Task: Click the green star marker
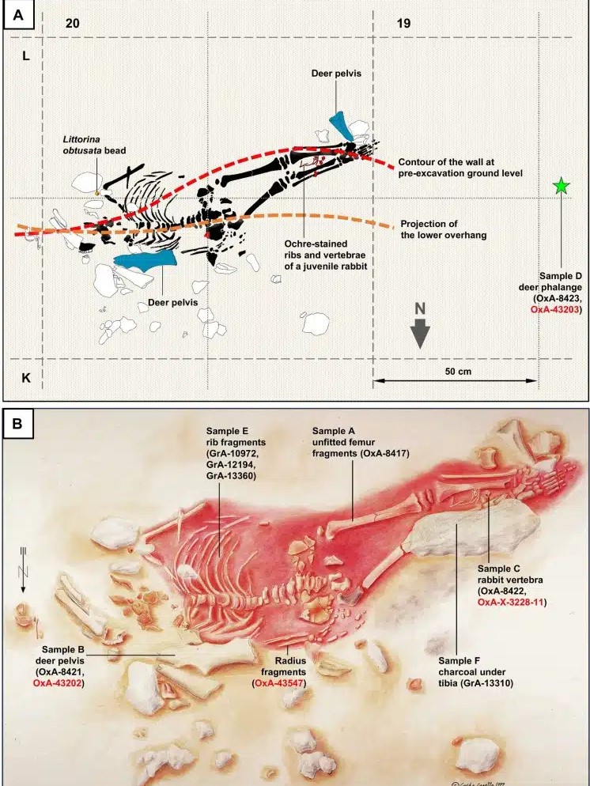561,187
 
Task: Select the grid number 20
72,23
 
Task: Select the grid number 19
403,23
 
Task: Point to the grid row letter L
25,59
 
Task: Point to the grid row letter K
25,378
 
